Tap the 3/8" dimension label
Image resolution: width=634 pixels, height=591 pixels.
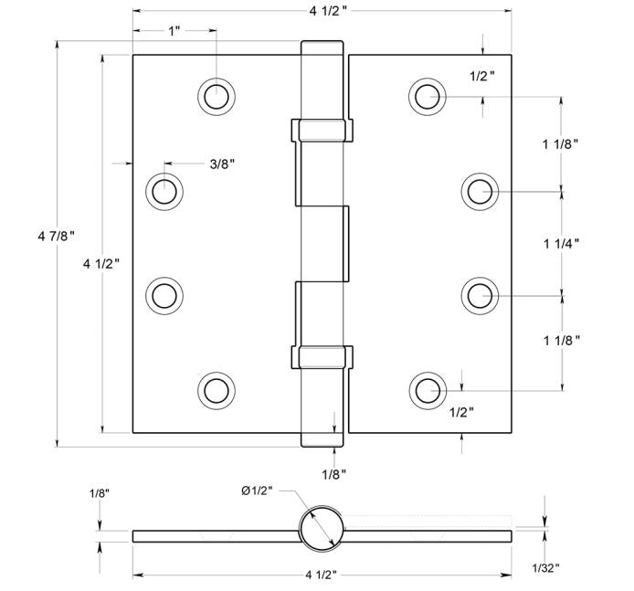[x=222, y=164]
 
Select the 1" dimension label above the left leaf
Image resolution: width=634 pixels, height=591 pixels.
[x=174, y=31]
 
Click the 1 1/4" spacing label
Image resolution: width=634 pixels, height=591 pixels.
[x=560, y=243]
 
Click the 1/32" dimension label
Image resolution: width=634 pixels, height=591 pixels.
[x=544, y=567]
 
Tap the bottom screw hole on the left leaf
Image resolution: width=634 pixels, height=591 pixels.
[x=217, y=390]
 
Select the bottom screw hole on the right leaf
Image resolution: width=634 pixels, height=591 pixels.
[x=427, y=390]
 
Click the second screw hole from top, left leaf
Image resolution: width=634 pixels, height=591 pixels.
[x=165, y=192]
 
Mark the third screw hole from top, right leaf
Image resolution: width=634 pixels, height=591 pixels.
[x=480, y=295]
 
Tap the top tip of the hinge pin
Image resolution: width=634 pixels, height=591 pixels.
[x=322, y=44]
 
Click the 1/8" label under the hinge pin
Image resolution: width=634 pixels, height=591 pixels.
[x=333, y=474]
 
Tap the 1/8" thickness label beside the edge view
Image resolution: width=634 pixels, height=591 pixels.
[x=100, y=494]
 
